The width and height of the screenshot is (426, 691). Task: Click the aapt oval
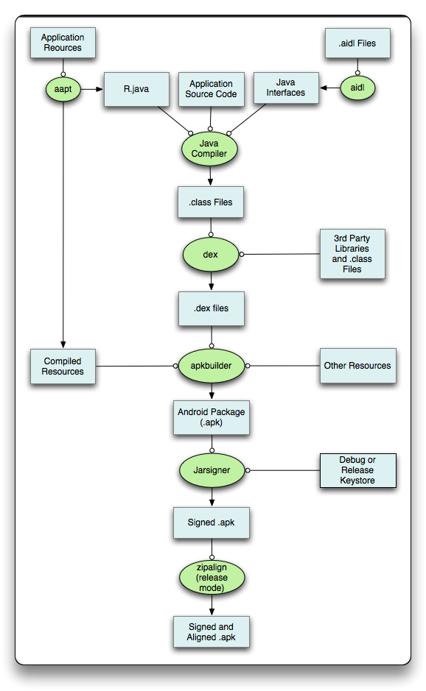coord(63,89)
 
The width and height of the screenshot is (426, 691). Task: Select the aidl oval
coord(357,88)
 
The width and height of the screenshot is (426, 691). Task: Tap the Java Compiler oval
coord(210,149)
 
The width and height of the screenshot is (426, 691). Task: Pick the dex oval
coord(211,255)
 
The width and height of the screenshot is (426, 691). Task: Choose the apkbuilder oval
coord(211,366)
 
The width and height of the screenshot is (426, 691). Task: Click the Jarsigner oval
coord(212,470)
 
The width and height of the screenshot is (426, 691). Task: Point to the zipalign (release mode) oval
coord(212,577)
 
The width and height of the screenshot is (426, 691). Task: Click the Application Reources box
coord(63,43)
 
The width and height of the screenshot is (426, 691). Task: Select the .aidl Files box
coord(357,43)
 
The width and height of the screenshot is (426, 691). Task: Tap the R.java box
coord(136,90)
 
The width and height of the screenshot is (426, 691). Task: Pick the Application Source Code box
coord(211,90)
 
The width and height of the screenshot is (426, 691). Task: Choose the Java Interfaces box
coord(286,88)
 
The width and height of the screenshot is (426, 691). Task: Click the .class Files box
coord(211,202)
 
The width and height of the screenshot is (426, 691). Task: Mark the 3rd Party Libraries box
coord(352,254)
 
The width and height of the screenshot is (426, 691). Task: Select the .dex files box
coord(211,308)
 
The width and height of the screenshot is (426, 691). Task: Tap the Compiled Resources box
coord(63,366)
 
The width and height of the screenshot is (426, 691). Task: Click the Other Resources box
coord(357,366)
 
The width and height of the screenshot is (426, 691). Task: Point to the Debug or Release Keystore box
coord(358,471)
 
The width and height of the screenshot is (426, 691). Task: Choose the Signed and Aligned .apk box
coord(212,632)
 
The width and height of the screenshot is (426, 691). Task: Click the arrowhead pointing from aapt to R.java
coord(99,90)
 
